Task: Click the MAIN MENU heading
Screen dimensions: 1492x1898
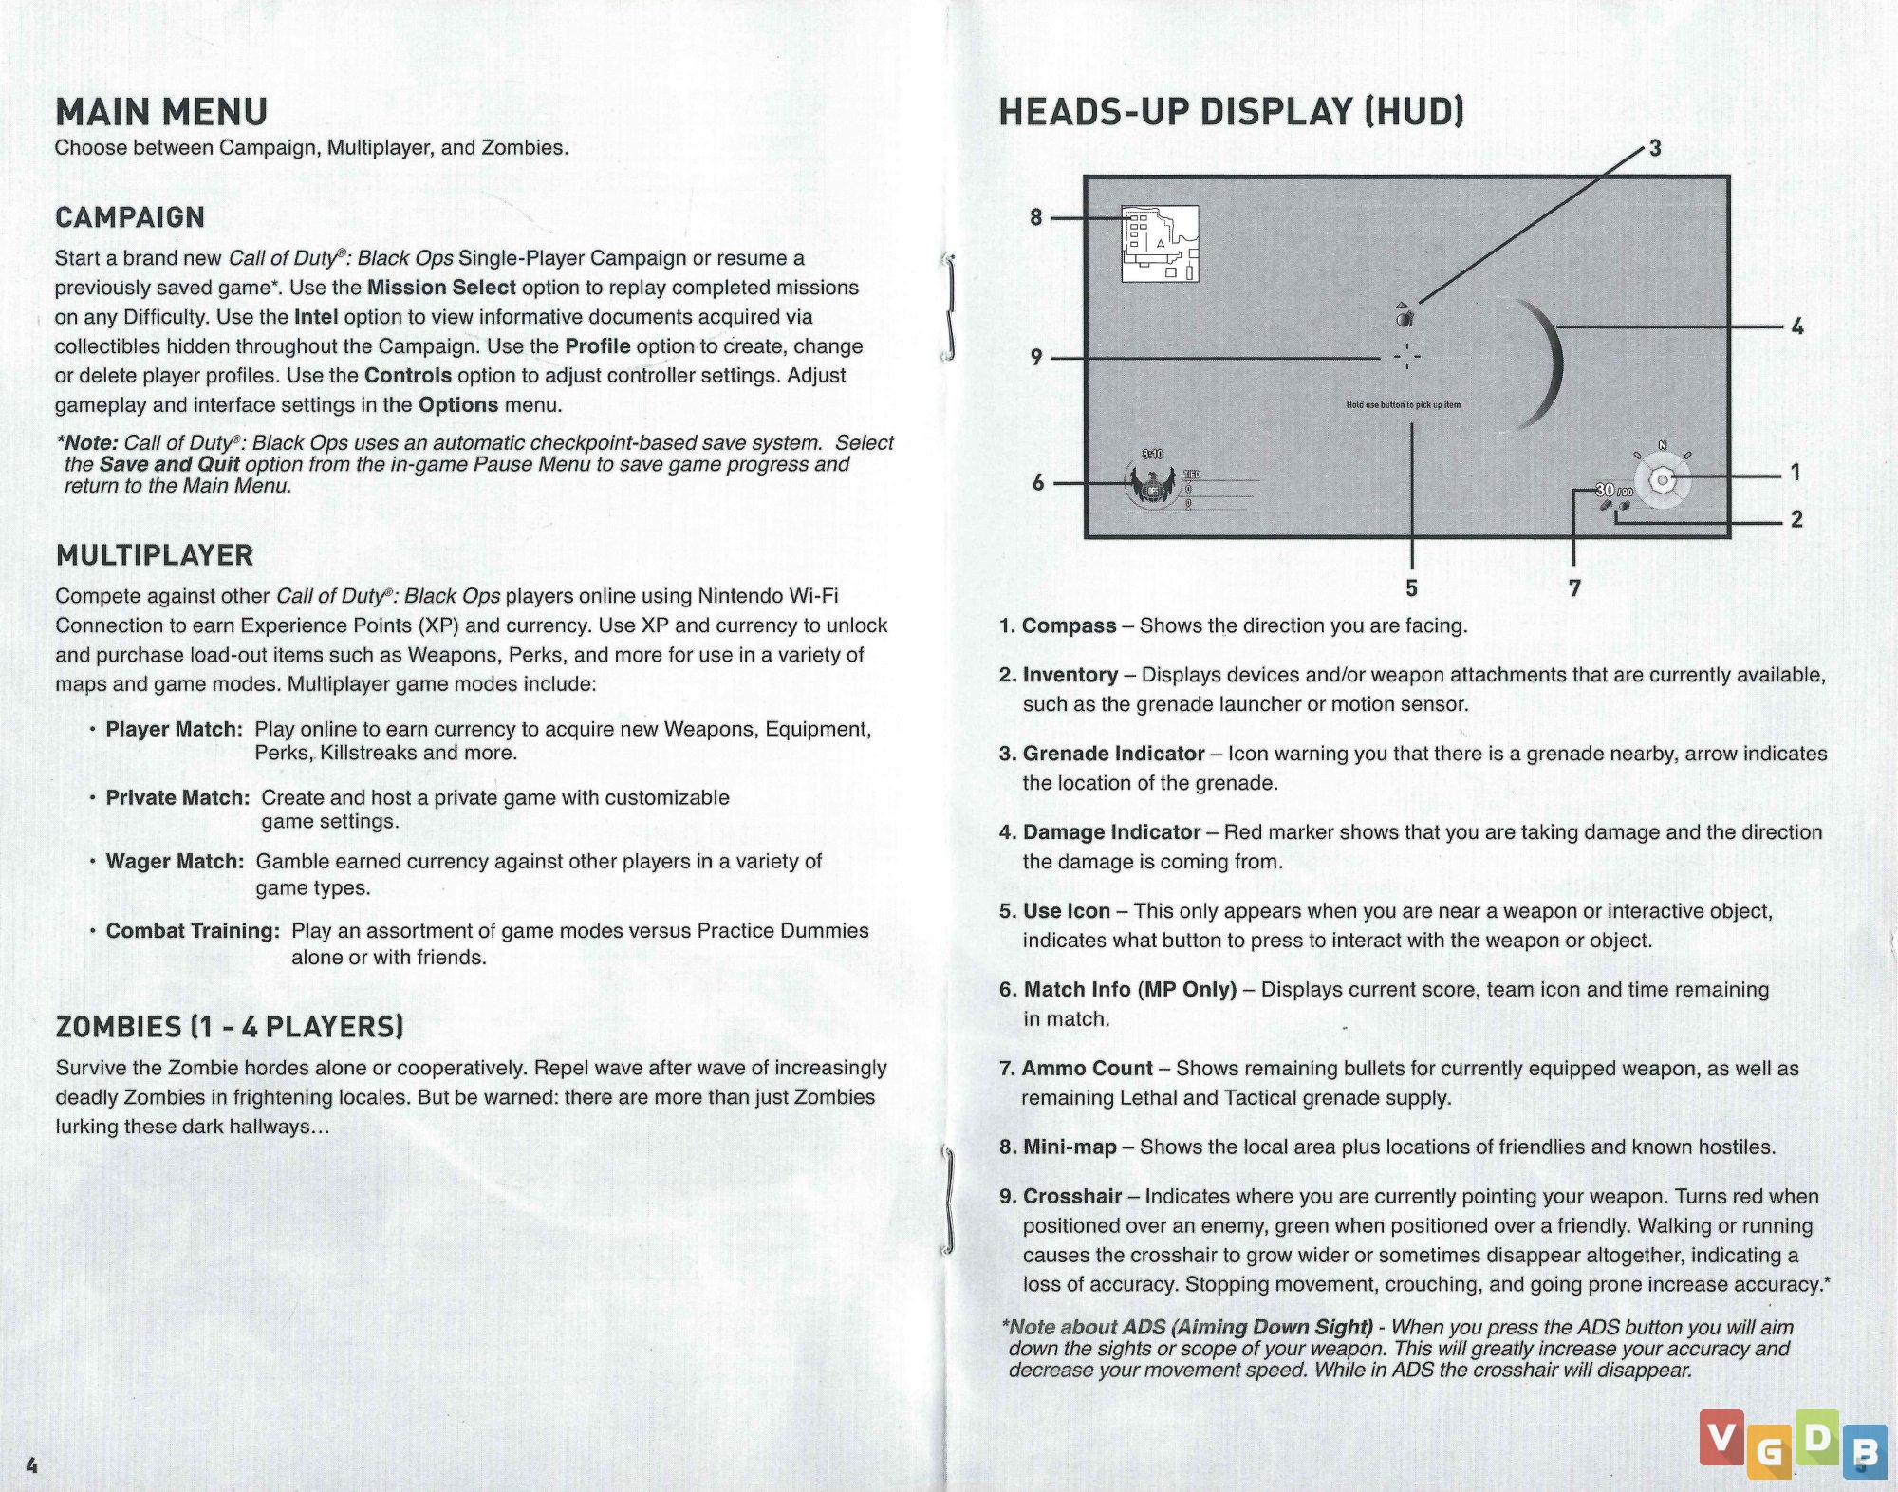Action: click(x=161, y=112)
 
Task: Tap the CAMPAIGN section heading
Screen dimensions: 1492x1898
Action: click(x=130, y=217)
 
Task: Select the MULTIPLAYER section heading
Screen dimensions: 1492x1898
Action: click(x=155, y=555)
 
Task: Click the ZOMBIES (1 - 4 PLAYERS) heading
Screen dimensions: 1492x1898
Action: click(x=230, y=1027)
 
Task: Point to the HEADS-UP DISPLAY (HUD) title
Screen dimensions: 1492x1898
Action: click(x=1231, y=112)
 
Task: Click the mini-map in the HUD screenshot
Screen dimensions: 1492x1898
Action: click(x=1160, y=244)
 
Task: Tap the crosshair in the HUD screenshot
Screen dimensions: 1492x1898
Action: click(x=1407, y=358)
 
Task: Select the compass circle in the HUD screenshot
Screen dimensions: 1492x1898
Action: click(x=1662, y=480)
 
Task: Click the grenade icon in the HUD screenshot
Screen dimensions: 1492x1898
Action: click(x=1405, y=316)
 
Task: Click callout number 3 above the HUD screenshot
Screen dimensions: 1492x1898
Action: click(x=1655, y=148)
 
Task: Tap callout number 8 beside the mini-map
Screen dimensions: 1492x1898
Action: click(x=1036, y=217)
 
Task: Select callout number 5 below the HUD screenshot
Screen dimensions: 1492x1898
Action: click(x=1411, y=588)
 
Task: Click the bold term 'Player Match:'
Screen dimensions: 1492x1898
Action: click(x=174, y=729)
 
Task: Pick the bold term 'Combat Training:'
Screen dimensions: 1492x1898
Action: click(x=193, y=931)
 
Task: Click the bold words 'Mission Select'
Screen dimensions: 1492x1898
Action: click(x=441, y=288)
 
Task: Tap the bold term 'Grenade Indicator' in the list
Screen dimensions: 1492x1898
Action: click(x=1113, y=754)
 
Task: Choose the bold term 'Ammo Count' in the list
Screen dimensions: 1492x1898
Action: click(x=1087, y=1069)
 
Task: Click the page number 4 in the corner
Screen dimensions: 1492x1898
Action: click(x=31, y=1464)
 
